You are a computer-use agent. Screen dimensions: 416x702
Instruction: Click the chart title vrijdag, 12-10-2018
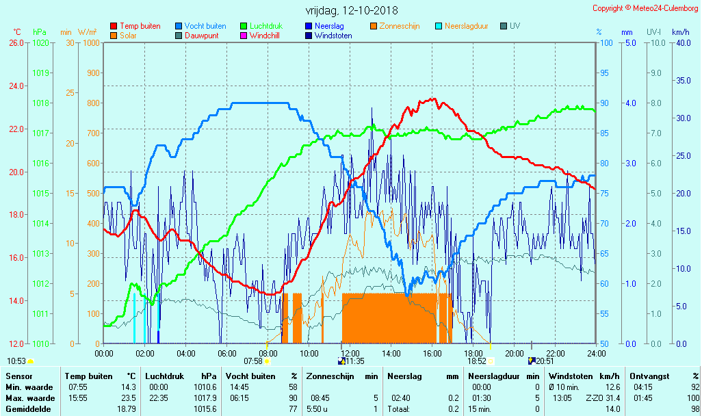[x=351, y=10]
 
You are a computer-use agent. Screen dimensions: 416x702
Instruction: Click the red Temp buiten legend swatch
[x=114, y=26]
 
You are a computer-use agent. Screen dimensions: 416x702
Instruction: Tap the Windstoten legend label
[x=333, y=36]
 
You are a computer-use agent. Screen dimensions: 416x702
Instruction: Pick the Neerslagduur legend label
[x=467, y=26]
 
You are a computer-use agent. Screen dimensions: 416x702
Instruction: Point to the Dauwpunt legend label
[x=201, y=36]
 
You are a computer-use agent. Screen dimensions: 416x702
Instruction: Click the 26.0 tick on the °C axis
[x=16, y=42]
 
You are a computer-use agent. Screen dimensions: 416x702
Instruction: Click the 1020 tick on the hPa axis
[x=40, y=42]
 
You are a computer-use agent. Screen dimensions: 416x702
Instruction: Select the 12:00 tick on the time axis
[x=350, y=353]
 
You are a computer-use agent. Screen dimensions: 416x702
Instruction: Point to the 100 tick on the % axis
[x=606, y=42]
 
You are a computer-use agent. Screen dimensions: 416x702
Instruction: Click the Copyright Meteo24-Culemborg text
[x=645, y=8]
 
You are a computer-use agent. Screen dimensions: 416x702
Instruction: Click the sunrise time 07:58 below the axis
[x=253, y=361]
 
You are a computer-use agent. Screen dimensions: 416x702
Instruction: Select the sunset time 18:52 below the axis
[x=476, y=361]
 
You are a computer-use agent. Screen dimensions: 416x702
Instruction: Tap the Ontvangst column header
[x=649, y=376]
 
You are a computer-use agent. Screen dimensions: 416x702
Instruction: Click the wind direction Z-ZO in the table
[x=595, y=398]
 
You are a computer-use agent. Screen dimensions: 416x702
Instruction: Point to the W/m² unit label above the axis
[x=87, y=32]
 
